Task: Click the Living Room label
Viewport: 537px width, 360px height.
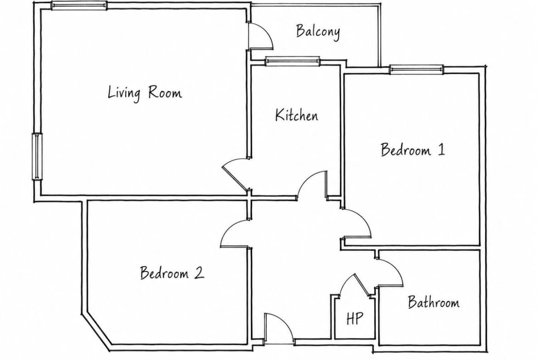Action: (x=145, y=93)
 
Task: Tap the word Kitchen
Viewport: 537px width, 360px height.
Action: (x=296, y=115)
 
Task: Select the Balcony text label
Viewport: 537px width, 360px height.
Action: (x=318, y=32)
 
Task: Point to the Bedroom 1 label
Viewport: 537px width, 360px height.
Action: (x=413, y=150)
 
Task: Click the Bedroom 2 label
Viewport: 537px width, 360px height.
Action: (x=172, y=273)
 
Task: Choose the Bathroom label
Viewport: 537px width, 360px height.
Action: (x=434, y=302)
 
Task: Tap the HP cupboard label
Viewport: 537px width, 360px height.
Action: (x=354, y=318)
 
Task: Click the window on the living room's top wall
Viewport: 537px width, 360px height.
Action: (x=79, y=6)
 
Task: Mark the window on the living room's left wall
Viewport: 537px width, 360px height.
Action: (x=37, y=156)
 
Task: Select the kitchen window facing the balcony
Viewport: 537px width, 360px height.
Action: (x=292, y=61)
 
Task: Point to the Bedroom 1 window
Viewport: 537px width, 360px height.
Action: (x=416, y=69)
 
